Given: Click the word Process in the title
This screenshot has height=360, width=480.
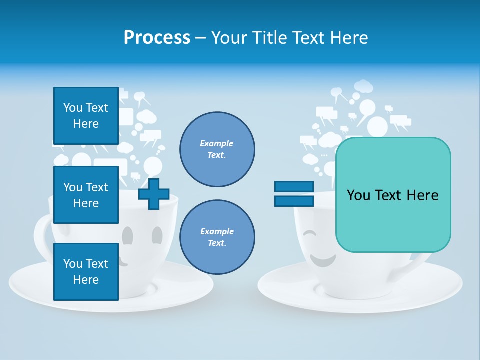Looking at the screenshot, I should [x=157, y=38].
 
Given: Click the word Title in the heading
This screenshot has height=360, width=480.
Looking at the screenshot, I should [x=269, y=38].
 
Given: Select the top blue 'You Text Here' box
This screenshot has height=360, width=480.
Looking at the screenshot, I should [x=86, y=116].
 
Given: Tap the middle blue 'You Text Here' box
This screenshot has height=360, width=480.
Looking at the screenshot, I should [x=86, y=195].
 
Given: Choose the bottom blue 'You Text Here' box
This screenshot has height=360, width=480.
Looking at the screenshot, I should [x=86, y=271].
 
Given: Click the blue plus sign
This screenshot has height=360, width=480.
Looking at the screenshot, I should [x=154, y=194].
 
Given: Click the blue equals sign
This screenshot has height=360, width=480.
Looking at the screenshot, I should [x=294, y=194].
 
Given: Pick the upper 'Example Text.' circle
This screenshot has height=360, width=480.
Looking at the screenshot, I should [x=217, y=149].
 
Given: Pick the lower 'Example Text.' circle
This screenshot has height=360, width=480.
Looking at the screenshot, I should [x=217, y=237].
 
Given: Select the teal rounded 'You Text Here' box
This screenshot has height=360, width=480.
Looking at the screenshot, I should [x=393, y=195].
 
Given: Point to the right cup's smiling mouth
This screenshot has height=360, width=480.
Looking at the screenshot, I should [x=322, y=260].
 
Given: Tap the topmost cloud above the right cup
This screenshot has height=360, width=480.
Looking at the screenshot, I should [x=364, y=87].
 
